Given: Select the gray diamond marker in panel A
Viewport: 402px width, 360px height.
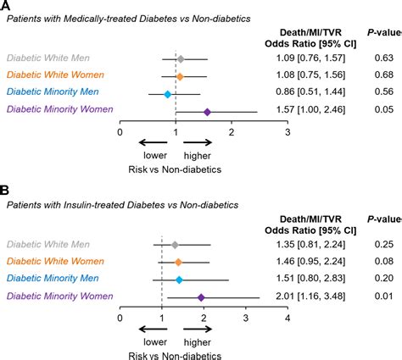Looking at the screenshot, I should [180, 59].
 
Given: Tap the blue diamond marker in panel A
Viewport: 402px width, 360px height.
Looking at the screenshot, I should [167, 93].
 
